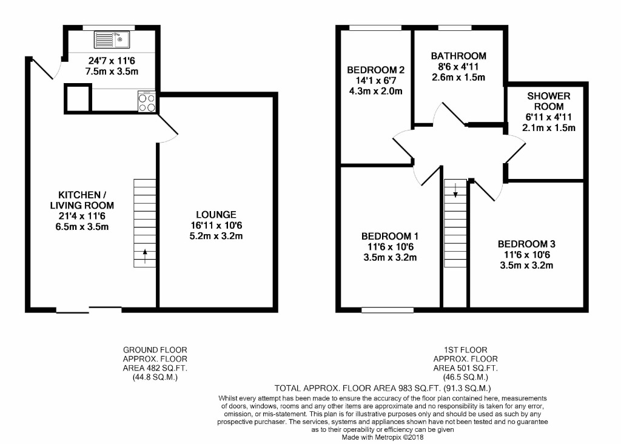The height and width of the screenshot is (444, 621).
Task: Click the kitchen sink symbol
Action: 112,40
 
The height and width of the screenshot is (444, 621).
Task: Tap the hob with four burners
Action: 147,101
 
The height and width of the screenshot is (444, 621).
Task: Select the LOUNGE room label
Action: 216,215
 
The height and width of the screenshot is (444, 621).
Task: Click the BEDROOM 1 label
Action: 390,236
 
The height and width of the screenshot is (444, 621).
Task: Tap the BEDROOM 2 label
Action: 376,69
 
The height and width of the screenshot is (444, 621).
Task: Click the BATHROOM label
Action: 458,56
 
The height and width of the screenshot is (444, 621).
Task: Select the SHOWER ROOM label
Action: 548,101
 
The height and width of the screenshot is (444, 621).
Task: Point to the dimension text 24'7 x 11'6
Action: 113,61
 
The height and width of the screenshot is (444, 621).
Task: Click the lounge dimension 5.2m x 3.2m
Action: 216,236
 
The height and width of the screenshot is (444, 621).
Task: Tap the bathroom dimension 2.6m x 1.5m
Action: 458,77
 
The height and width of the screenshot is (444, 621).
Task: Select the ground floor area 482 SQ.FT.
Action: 155,368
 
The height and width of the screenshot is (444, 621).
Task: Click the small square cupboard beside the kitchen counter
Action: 78,98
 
